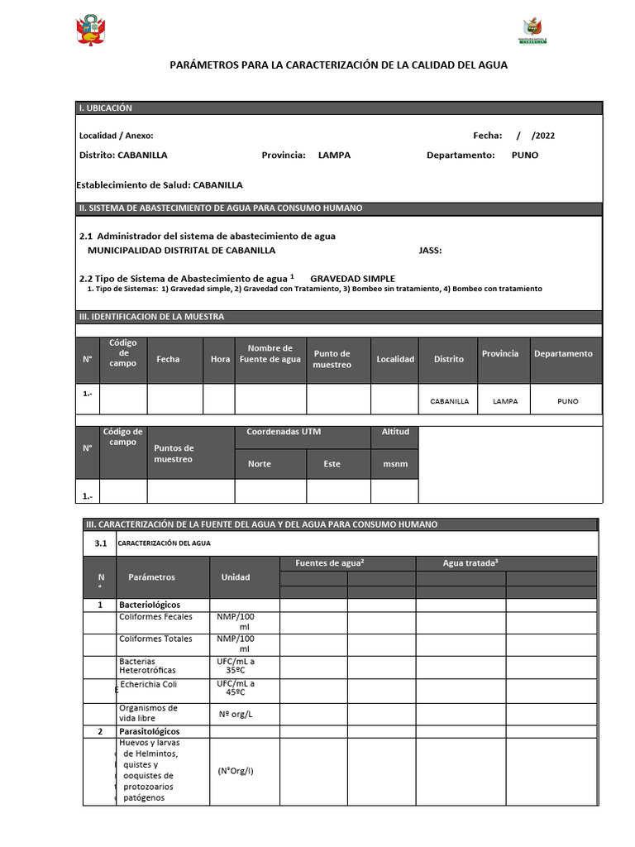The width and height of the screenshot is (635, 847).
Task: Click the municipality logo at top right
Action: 532,31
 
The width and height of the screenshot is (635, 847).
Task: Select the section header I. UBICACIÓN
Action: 105,108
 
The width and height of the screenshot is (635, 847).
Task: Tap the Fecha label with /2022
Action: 513,136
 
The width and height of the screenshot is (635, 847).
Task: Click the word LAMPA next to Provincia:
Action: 334,155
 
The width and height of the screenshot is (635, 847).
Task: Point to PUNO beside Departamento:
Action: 524,155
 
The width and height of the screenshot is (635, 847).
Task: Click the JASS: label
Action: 430,250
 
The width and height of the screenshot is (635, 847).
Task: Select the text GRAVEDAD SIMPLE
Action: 352,279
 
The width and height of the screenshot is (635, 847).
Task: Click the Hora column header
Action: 220,360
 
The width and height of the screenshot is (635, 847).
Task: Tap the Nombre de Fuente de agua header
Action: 270,354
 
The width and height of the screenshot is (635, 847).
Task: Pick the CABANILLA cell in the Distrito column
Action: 449,401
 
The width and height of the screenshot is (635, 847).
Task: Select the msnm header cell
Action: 394,464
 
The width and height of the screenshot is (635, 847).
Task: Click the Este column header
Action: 332,464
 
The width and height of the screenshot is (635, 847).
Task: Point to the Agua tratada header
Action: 470,563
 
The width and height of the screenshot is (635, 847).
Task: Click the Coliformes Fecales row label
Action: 155,617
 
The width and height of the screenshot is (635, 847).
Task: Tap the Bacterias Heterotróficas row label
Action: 148,666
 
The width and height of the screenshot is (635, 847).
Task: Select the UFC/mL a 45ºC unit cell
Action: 236,689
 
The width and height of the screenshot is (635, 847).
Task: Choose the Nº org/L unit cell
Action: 236,713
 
